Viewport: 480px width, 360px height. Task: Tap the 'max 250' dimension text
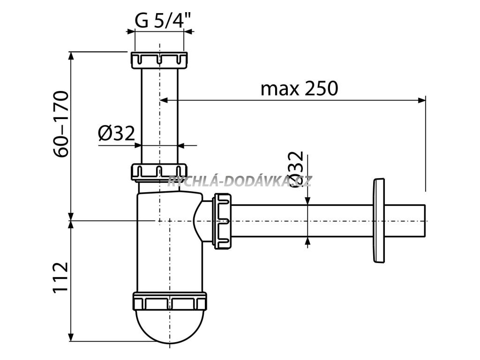tap(299, 88)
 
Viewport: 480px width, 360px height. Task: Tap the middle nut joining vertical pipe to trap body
tap(159, 172)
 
